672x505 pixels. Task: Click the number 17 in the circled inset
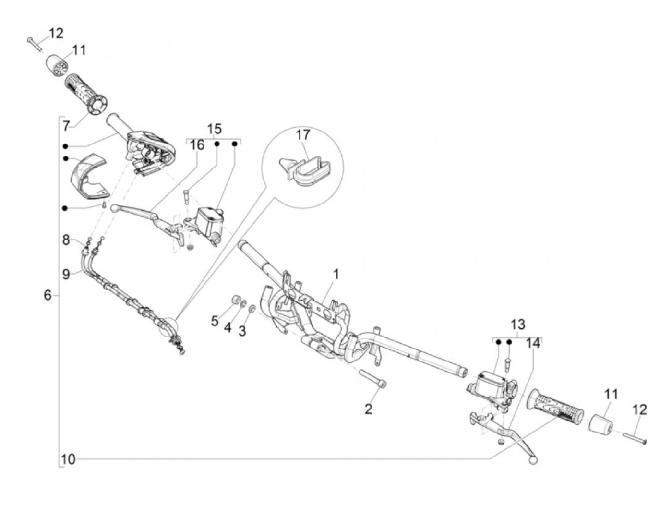[x=303, y=135]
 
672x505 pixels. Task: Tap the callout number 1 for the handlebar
[x=336, y=274]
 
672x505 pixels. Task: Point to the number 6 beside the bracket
[x=47, y=295]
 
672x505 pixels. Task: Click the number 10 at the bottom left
[x=68, y=459]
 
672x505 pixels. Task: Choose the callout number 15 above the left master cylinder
[x=215, y=129]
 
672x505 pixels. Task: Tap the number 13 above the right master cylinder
[x=518, y=324]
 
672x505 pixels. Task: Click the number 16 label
[x=197, y=144]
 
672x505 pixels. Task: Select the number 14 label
[x=533, y=343]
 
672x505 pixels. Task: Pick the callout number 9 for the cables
[x=66, y=274]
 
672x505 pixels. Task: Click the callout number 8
[x=66, y=240]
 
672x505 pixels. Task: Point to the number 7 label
[x=66, y=126]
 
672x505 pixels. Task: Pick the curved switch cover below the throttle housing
[x=88, y=175]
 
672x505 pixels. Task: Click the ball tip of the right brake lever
[x=532, y=460]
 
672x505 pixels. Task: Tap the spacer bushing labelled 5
[x=236, y=300]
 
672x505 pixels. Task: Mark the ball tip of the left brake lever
[x=114, y=208]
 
